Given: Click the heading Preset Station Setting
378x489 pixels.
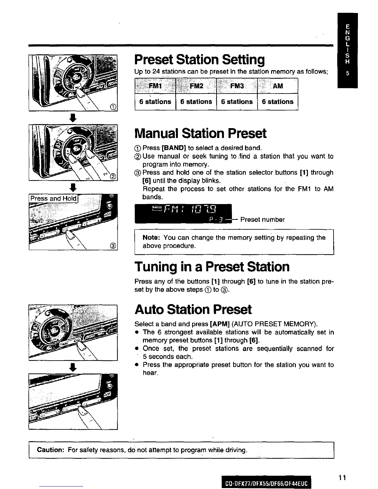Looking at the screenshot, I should (x=199, y=60).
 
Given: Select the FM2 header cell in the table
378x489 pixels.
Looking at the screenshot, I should (x=196, y=86).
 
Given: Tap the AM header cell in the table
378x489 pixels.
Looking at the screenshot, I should (x=278, y=86).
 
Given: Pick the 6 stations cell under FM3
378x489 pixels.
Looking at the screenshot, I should (x=237, y=102).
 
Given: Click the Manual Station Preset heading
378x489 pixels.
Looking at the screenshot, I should (x=200, y=133).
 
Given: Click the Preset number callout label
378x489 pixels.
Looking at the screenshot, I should (x=262, y=219).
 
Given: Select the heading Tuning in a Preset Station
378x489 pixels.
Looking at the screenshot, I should (x=212, y=266).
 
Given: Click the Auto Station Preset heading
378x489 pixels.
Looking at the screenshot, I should (x=193, y=309).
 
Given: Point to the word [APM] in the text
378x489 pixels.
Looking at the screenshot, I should (x=219, y=324).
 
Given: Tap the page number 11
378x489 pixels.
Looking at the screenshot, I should (x=342, y=478).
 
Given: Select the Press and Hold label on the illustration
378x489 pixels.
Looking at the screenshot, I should (x=53, y=198).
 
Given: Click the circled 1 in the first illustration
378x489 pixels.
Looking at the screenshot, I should (x=113, y=107).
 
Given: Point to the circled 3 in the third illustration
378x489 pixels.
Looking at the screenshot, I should (x=113, y=246).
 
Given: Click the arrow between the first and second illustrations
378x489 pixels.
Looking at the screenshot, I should (x=73, y=118).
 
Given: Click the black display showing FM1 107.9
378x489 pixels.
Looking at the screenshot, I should (x=183, y=213).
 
